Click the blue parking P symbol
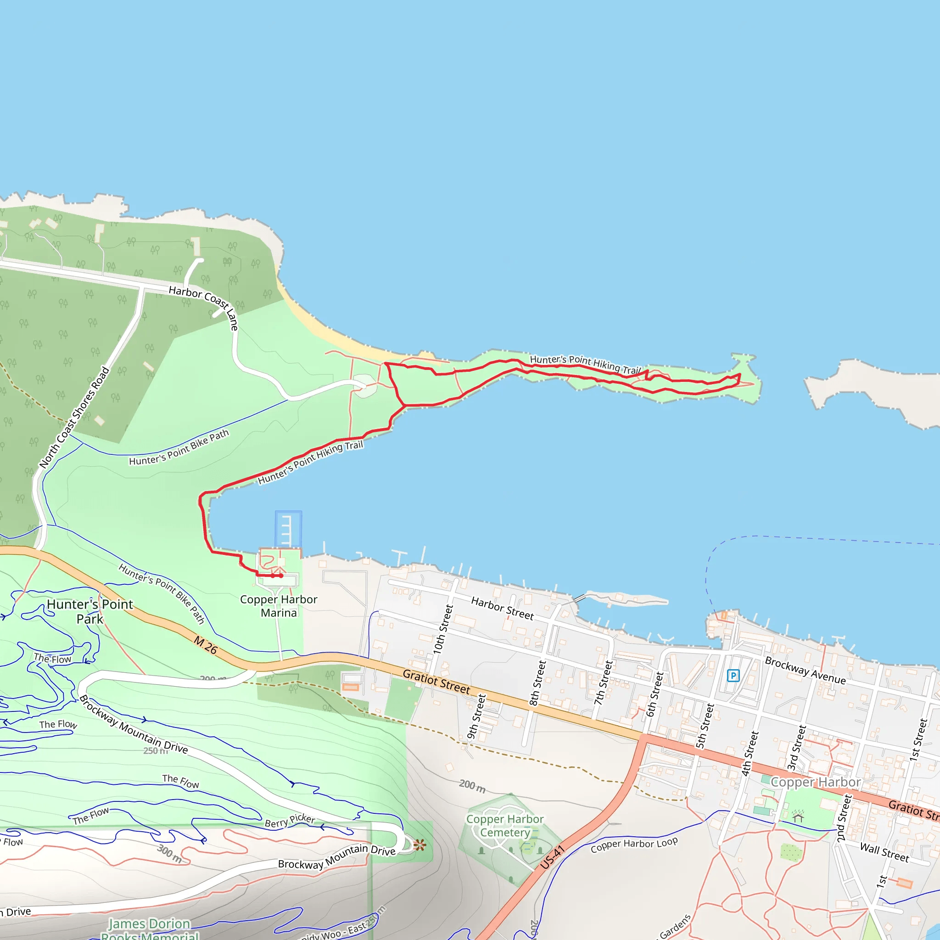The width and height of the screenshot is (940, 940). coord(733,675)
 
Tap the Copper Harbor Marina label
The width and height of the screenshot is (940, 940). coord(278,606)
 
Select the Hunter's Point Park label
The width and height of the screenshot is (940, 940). coord(90,611)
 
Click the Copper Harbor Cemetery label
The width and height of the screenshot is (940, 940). coord(505,826)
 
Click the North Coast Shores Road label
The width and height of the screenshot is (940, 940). coord(74,418)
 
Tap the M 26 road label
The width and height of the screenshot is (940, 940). coord(205,645)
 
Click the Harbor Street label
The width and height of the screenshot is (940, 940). coord(502,609)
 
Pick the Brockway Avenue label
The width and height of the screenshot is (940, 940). coord(805,671)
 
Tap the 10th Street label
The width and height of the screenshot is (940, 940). coord(443,629)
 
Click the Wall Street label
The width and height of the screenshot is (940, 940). coord(884,852)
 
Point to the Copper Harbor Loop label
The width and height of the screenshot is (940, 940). coord(634,845)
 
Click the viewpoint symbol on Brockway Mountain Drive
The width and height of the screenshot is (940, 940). coord(420,845)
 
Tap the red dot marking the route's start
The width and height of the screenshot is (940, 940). coord(281,576)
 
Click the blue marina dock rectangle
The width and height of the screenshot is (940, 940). coord(288,529)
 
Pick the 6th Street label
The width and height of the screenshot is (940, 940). coord(655,694)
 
